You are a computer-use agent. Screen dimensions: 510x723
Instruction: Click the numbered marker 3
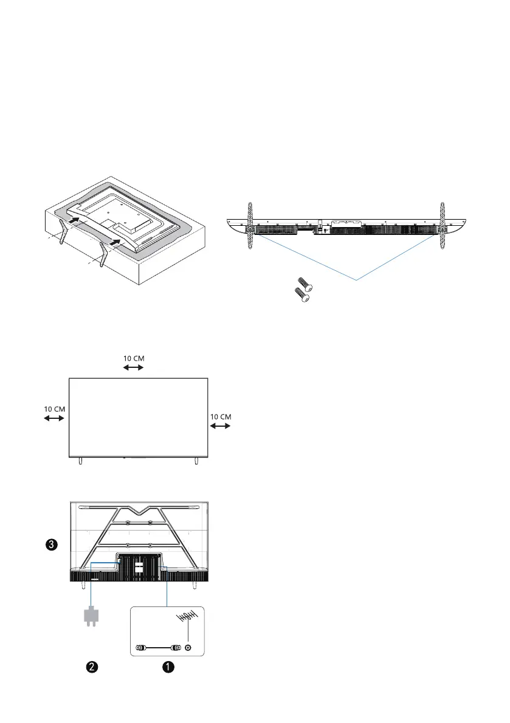(x=52, y=545)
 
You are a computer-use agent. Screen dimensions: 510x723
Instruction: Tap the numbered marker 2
(x=92, y=667)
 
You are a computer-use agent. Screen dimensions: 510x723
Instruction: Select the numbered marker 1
(x=168, y=667)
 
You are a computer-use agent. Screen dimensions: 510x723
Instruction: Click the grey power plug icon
(x=91, y=617)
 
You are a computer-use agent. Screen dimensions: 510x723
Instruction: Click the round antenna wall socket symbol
(x=188, y=648)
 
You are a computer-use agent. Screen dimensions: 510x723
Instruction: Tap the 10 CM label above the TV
(x=134, y=358)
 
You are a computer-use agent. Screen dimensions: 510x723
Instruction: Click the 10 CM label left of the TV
(x=55, y=409)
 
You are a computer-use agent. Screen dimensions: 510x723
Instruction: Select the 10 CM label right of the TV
(x=221, y=417)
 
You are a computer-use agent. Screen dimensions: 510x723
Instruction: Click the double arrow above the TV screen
(x=133, y=367)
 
